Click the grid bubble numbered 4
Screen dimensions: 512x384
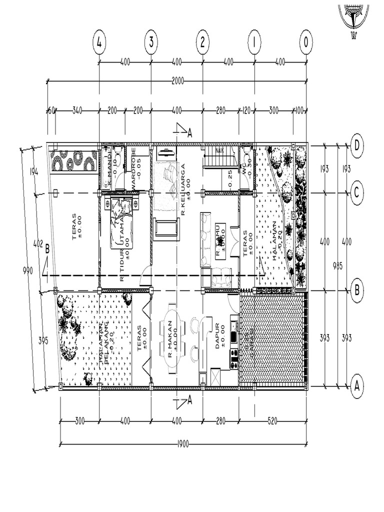coord(99,43)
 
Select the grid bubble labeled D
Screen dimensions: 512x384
coord(357,145)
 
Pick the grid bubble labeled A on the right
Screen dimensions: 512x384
coord(357,386)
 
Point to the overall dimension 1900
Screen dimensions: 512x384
coord(183,444)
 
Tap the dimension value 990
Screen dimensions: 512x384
coord(28,270)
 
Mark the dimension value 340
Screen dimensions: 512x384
coord(77,110)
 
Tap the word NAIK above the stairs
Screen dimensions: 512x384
coord(219,149)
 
